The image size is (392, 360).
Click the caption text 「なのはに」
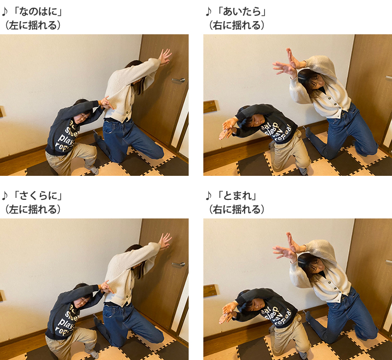coord(38,11)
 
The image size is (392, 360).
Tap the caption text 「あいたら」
coord(241,11)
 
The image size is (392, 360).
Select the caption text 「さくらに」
coord(38,195)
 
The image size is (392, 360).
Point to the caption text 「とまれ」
coord(237,195)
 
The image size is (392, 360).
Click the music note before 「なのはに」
coord(5,11)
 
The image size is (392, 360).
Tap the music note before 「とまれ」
coord(209,195)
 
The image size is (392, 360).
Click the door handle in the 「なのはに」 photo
coord(178,80)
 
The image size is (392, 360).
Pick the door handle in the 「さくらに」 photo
coord(178,264)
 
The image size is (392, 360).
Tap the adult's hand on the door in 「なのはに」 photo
coord(165,57)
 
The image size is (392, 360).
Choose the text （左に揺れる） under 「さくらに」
coord(32,209)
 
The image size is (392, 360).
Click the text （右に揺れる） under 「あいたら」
coord(236,25)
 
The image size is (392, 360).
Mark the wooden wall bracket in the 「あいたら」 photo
coord(210,106)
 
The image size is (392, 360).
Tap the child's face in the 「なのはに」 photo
coord(82,118)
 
